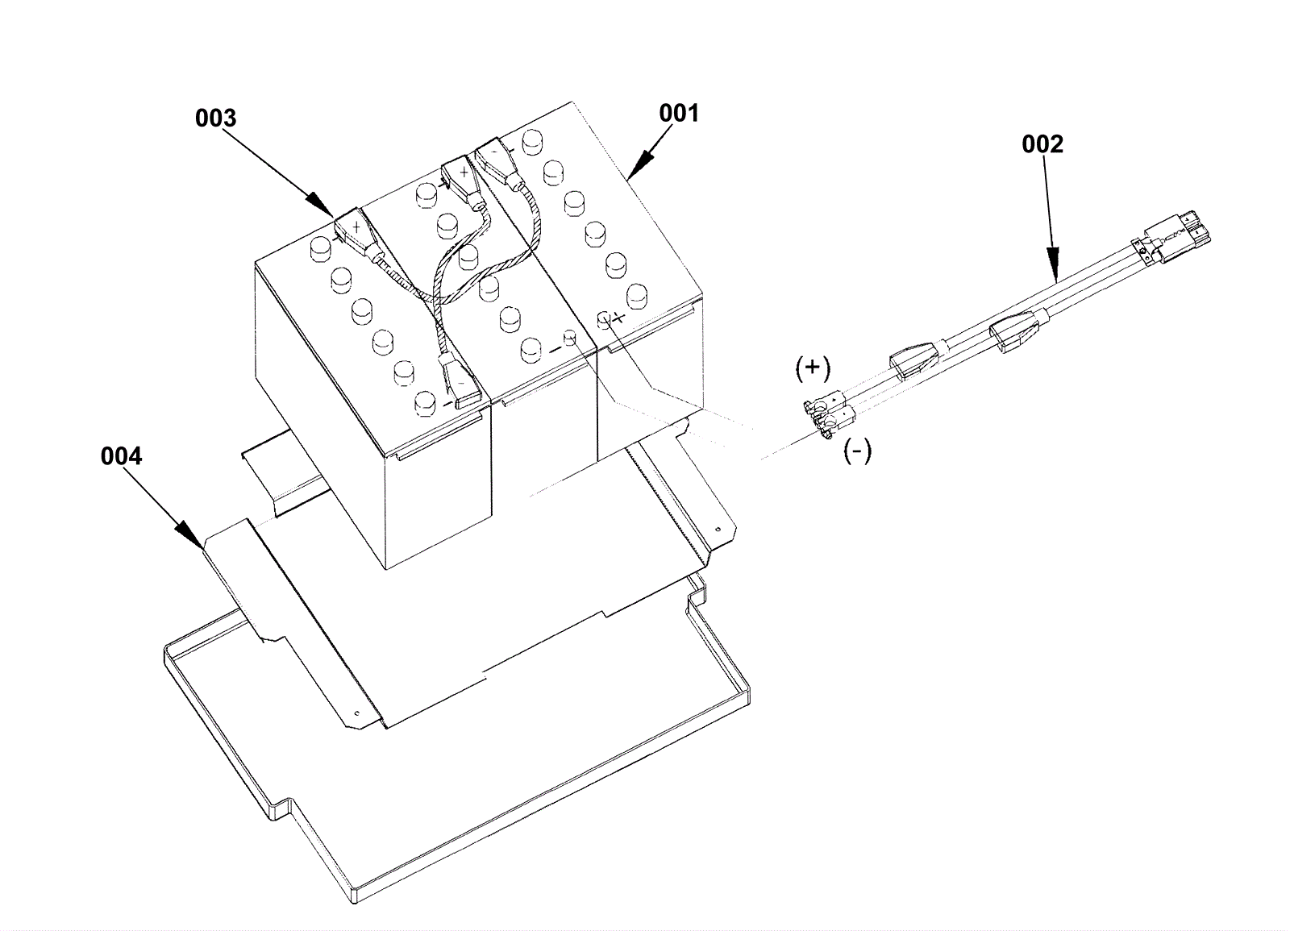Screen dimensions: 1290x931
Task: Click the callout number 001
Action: coord(679,114)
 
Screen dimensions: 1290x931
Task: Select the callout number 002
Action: coord(1042,144)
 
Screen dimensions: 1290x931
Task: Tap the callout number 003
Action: coord(215,118)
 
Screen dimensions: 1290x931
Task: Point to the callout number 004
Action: coord(121,456)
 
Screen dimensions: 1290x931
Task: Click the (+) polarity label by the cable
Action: coord(813,368)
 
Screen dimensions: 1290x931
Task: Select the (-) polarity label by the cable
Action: coord(858,451)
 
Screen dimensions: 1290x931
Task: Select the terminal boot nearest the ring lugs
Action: coord(915,360)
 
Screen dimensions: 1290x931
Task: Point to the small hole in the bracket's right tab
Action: coord(718,529)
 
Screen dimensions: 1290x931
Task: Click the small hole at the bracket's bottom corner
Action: coord(356,713)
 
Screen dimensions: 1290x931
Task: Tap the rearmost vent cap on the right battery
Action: coord(533,141)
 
